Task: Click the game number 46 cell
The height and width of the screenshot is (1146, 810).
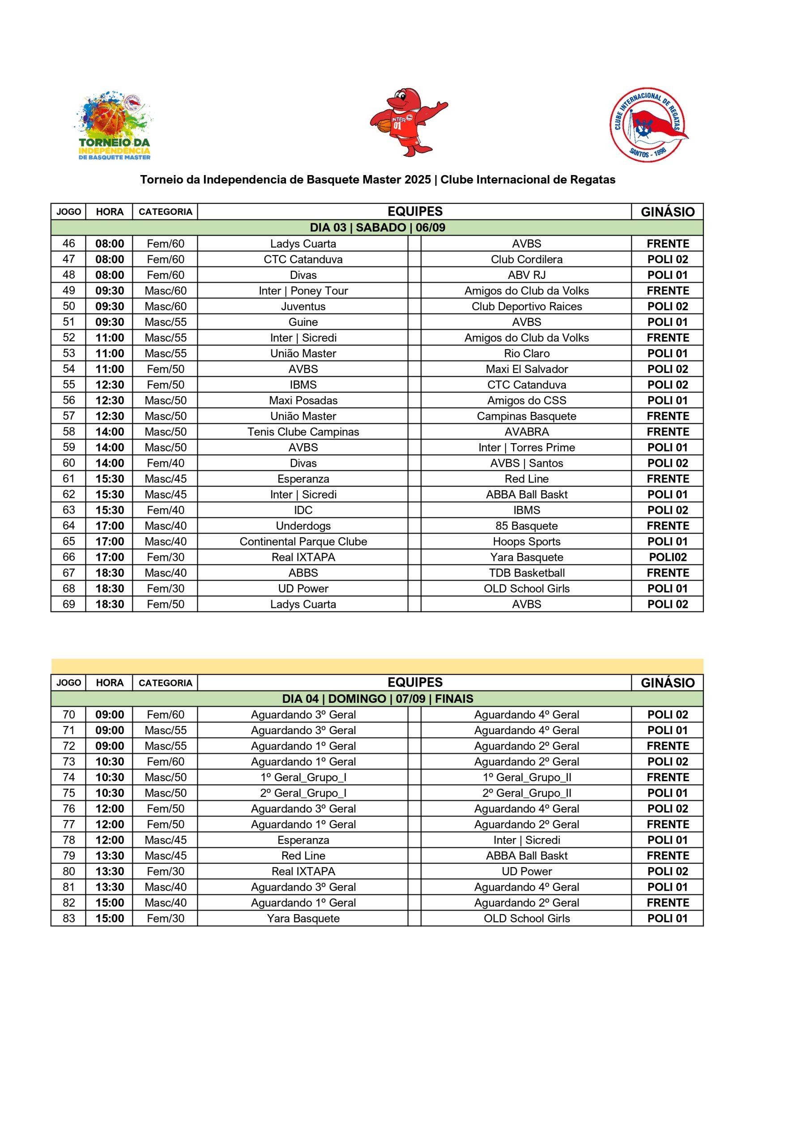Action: pos(69,244)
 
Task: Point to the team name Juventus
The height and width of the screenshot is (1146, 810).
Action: pos(303,307)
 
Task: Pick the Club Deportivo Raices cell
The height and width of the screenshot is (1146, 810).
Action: pos(527,307)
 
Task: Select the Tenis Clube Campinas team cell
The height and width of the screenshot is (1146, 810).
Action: pos(303,432)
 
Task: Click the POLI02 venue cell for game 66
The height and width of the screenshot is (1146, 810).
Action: pos(667,557)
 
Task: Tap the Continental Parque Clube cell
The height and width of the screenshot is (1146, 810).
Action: pos(303,542)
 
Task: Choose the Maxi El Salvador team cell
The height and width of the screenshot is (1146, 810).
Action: pos(527,369)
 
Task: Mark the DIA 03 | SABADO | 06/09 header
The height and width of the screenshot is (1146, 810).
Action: pos(377,227)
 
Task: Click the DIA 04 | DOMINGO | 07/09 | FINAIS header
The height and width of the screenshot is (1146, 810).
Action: pos(377,699)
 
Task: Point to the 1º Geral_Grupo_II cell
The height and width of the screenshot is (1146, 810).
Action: pos(527,777)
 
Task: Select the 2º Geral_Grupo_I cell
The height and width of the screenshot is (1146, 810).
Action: pos(303,793)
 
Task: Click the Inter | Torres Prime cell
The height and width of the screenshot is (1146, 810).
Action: pos(527,447)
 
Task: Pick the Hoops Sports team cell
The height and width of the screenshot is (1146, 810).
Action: pos(527,542)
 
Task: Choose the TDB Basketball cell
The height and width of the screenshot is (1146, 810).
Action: pos(527,573)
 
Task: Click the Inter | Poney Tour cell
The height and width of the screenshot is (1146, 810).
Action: pos(303,291)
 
